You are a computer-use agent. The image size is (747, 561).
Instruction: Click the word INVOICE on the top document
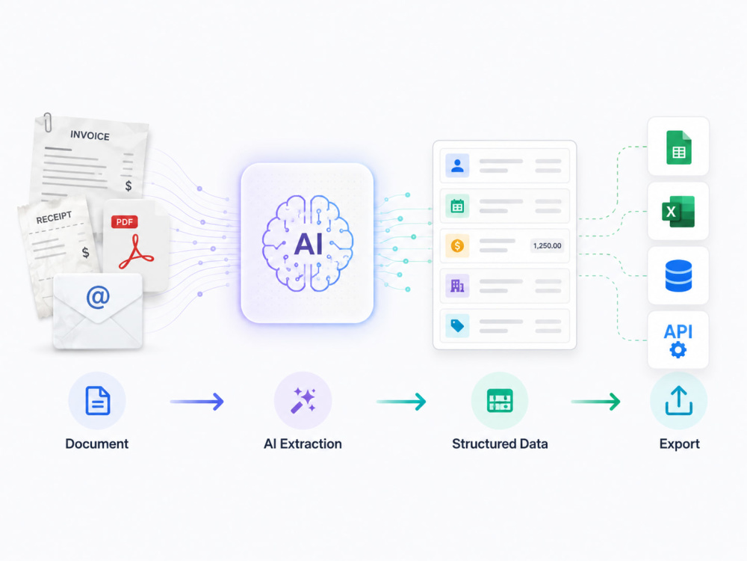pos(90,135)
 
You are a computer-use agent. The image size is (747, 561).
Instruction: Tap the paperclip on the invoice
pos(47,122)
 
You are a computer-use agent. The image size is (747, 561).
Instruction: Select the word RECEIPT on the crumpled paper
pos(54,218)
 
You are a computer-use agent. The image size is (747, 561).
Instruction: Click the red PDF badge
pos(124,222)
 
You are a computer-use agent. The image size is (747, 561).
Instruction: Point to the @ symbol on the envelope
pos(98,297)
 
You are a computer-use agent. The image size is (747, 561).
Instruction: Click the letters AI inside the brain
pos(309,245)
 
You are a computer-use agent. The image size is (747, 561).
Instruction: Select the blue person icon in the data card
pos(457,165)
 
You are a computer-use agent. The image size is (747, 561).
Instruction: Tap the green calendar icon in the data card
pos(457,206)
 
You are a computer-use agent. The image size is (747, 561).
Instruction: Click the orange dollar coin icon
pos(457,245)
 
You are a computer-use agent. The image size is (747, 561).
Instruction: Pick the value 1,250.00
pos(547,245)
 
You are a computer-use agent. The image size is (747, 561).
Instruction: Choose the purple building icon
pos(457,286)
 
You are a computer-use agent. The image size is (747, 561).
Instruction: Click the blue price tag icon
pos(457,326)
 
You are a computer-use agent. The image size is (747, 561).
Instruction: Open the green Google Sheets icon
pos(678,147)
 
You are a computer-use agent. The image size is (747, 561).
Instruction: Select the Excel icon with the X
pos(678,212)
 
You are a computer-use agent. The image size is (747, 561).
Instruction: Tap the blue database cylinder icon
pos(678,275)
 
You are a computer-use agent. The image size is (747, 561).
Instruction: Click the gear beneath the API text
pos(678,349)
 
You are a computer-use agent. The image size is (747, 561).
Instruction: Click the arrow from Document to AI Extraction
pos(196,402)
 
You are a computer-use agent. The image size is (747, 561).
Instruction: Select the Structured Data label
pos(500,444)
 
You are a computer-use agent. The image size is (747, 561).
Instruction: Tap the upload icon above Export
pos(678,401)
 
